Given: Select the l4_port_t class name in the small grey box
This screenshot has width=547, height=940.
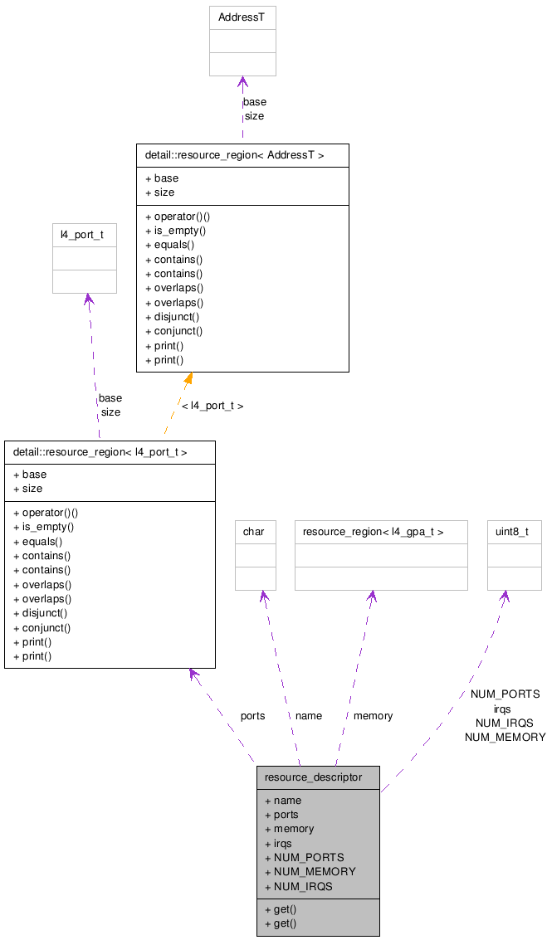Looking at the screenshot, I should click(x=81, y=235).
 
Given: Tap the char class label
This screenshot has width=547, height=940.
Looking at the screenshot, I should click(x=253, y=532).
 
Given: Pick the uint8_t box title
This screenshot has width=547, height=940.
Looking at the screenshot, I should click(x=513, y=532).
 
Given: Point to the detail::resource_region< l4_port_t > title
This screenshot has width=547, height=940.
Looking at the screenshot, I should click(x=100, y=452).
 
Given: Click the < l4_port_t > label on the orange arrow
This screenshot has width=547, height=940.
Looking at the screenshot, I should click(x=212, y=406).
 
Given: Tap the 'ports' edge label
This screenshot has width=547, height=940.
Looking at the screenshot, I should click(x=252, y=715).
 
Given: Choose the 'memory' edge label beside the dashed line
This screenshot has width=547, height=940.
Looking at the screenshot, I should click(x=373, y=715).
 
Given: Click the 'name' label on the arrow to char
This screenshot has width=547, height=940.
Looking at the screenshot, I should click(x=308, y=715).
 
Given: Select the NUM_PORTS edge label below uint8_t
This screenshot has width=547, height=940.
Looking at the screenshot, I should click(x=505, y=694).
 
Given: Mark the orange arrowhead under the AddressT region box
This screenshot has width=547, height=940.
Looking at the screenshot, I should click(x=188, y=378).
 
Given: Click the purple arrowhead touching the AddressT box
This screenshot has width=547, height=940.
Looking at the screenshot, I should click(x=242, y=82).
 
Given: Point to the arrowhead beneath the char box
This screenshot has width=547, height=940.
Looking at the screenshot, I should click(x=263, y=597).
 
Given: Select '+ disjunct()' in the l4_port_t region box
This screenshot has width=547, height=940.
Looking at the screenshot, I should click(x=41, y=613).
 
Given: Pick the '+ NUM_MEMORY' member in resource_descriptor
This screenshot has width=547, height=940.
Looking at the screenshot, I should click(x=310, y=871).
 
